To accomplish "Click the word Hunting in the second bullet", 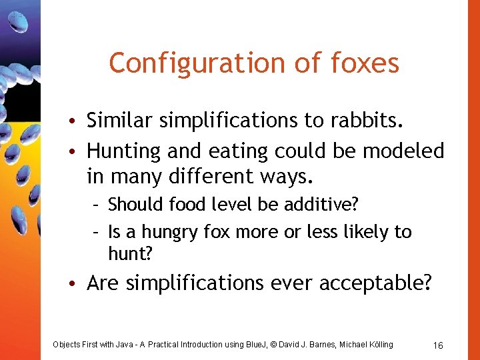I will (x=125, y=151).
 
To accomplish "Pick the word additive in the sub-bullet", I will (x=301, y=203).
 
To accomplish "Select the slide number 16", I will (x=438, y=345).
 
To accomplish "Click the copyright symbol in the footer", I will (x=269, y=344).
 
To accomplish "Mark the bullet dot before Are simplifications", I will (x=78, y=284).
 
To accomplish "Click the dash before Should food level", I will (x=97, y=203).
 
